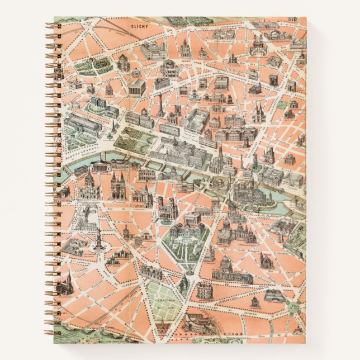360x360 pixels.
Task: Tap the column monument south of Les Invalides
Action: (x=98, y=241)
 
